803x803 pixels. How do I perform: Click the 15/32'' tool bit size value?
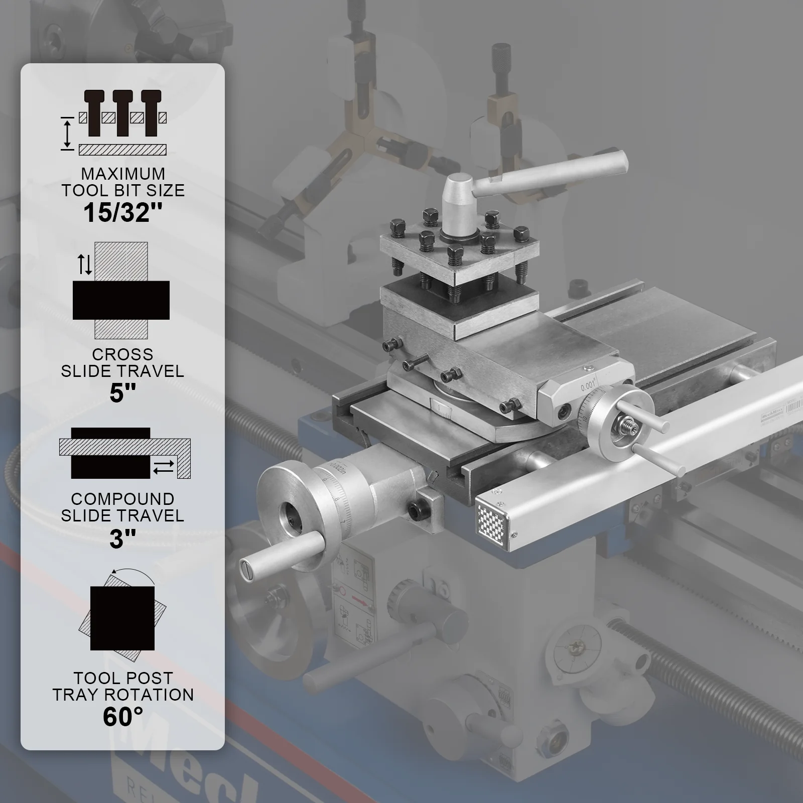[123, 212]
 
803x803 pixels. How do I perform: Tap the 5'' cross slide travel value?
[123, 392]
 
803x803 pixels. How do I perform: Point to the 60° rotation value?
[123, 717]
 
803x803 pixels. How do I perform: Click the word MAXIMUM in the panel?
[123, 174]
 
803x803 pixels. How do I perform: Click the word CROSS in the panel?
[122, 354]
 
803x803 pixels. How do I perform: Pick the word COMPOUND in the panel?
[122, 499]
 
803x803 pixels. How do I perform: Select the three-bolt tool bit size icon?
[123, 120]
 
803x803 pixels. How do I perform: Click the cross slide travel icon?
[121, 291]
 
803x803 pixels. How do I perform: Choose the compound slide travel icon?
[124, 453]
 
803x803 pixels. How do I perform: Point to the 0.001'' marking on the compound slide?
[587, 386]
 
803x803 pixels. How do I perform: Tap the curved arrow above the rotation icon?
[133, 575]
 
